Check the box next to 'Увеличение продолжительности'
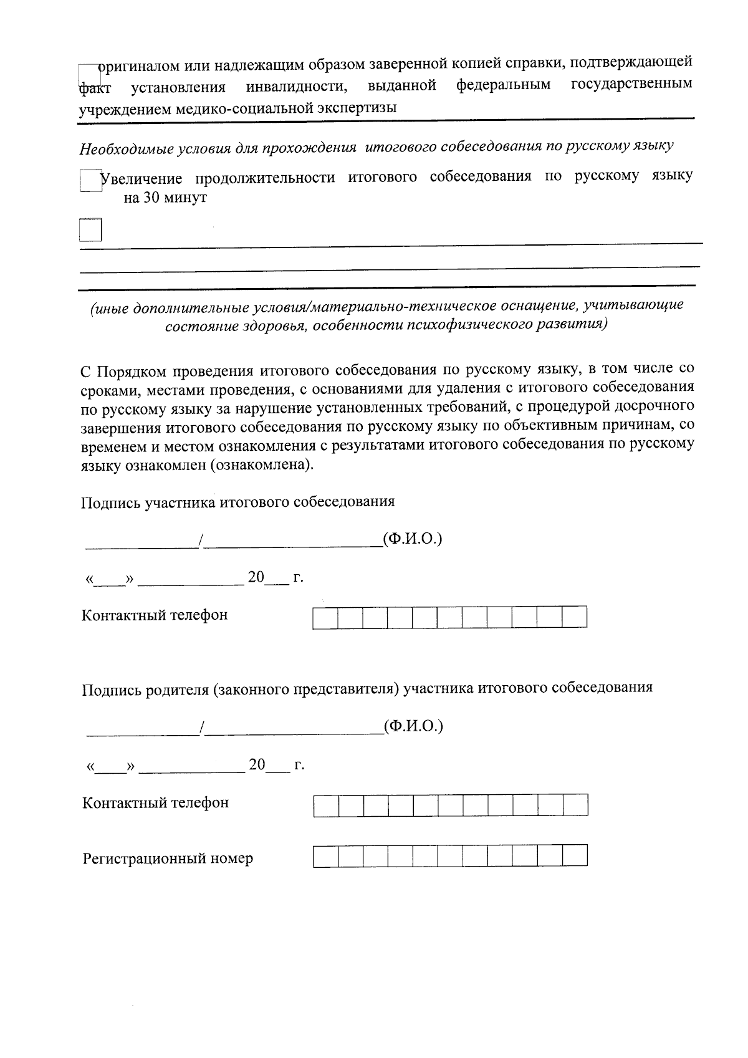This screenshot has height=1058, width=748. pyautogui.click(x=90, y=181)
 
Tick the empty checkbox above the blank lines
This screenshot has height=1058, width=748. pyautogui.click(x=90, y=230)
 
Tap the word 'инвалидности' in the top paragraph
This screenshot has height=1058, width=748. pyautogui.click(x=296, y=86)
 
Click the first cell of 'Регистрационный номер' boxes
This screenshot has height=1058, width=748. pyautogui.click(x=325, y=855)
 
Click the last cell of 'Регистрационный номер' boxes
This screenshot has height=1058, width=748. pyautogui.click(x=575, y=855)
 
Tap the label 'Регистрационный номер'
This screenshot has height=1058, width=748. pyautogui.click(x=168, y=859)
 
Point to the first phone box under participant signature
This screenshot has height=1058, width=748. pyautogui.click(x=325, y=617)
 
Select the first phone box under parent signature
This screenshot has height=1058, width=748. pyautogui.click(x=326, y=805)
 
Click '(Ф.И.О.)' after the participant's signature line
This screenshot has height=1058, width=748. pyautogui.click(x=413, y=538)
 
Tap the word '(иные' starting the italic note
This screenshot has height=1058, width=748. pyautogui.click(x=108, y=307)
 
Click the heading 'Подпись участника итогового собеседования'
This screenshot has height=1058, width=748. pyautogui.click(x=237, y=502)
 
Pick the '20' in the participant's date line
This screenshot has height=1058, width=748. pyautogui.click(x=256, y=577)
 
